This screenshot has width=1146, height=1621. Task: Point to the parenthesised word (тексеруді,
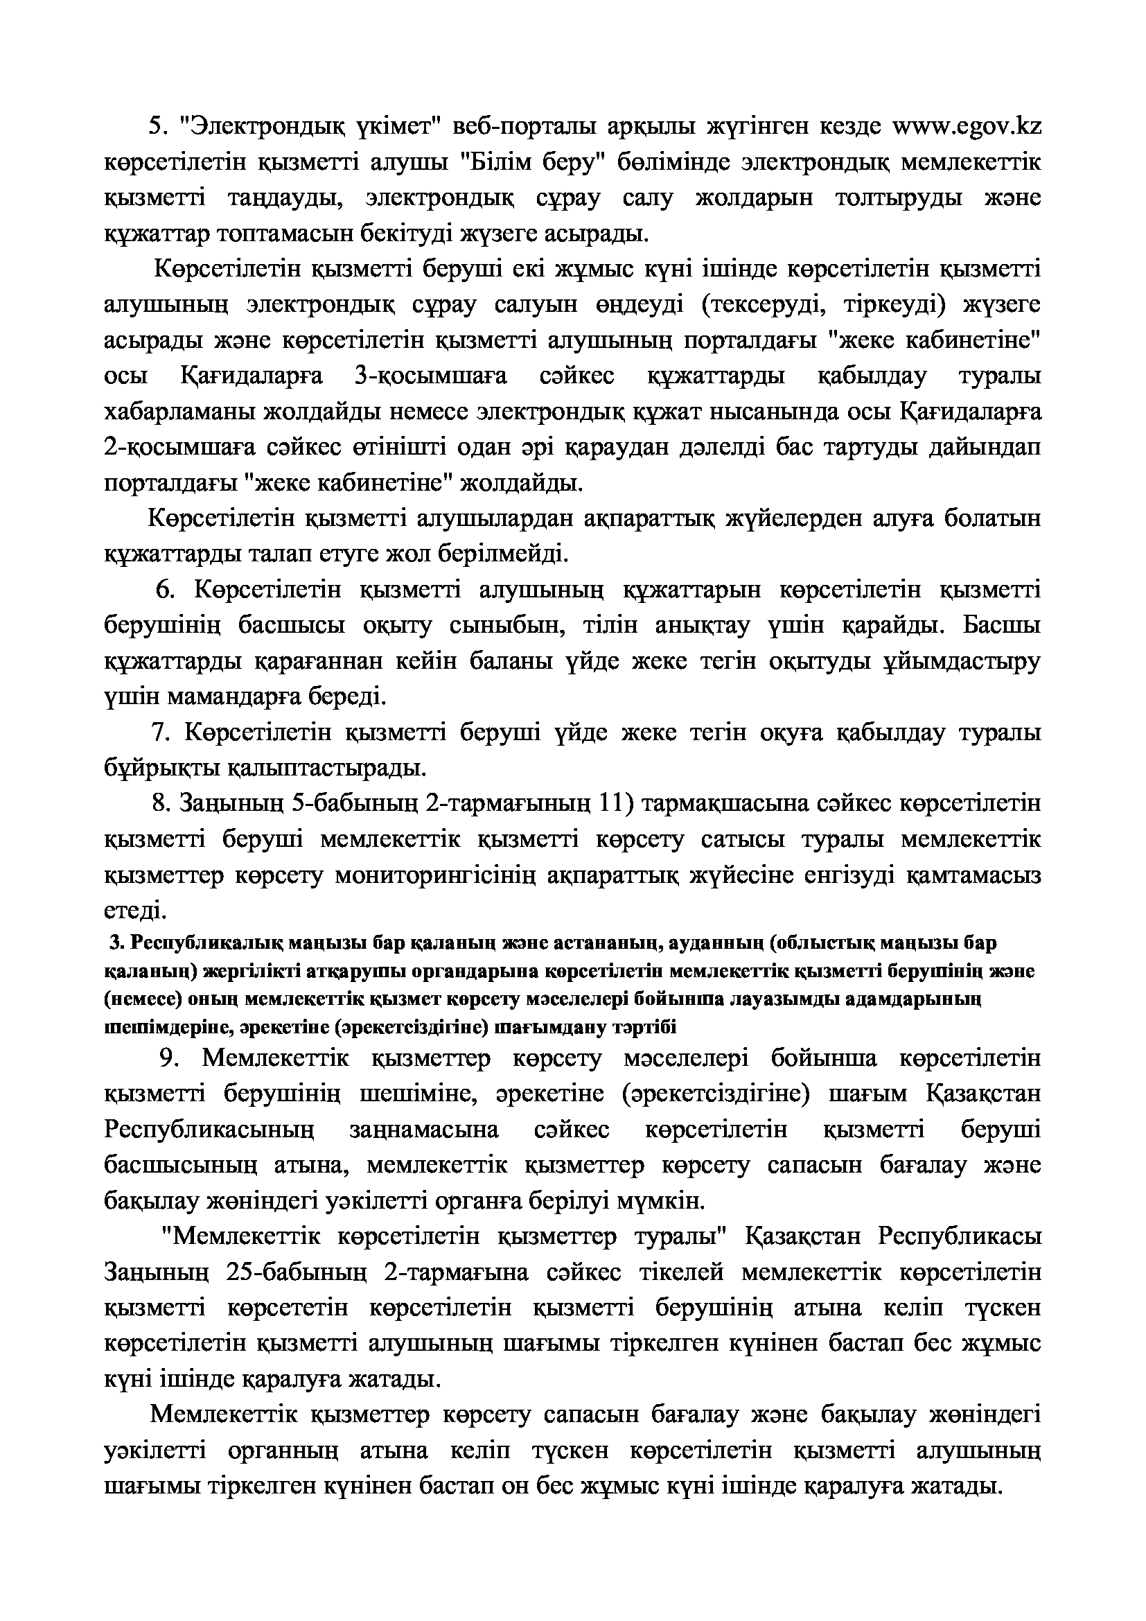click(762, 305)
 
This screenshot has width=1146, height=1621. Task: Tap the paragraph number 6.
click(165, 590)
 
